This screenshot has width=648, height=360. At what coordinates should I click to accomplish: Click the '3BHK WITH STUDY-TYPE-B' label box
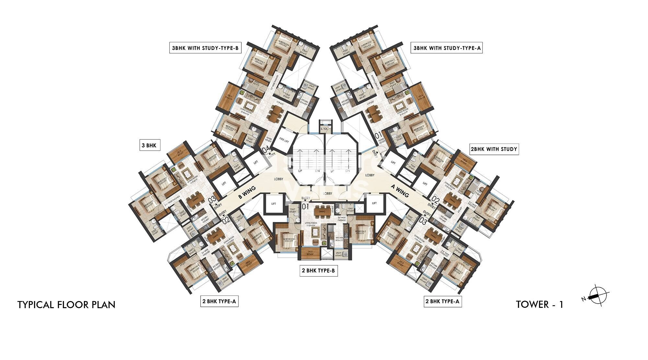pos(205,48)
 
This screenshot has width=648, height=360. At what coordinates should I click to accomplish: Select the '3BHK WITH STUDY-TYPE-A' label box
pos(446,48)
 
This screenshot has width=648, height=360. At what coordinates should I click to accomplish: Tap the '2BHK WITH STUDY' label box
pos(494,149)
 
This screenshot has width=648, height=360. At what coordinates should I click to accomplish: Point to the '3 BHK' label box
pos(149,145)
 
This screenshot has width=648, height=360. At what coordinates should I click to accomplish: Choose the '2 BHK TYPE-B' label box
pos(318,271)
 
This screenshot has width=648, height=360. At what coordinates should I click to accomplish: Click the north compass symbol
pos(596,295)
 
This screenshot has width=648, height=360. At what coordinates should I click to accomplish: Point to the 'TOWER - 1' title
pos(539,304)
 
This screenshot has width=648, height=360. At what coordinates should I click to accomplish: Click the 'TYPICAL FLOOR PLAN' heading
pos(66,305)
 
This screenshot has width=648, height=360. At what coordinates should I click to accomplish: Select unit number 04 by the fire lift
pos(266,150)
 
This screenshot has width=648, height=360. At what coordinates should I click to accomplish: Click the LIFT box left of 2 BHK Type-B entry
pos(274,204)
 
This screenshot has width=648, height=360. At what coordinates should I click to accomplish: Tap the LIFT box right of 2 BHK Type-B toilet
pos(374,203)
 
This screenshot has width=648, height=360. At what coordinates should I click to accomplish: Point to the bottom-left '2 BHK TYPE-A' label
pos(219,301)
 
